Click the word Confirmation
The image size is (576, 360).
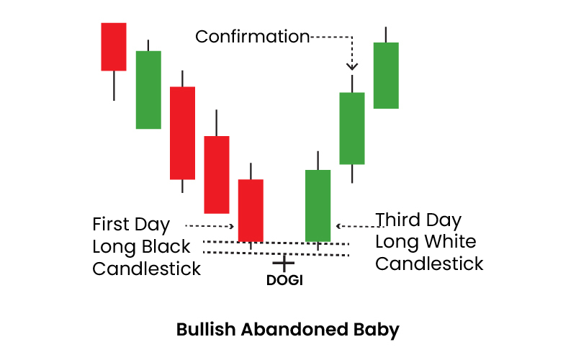pos(253,37)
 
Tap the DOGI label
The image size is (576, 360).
pos(284,280)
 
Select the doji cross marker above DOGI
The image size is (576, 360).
pos(284,263)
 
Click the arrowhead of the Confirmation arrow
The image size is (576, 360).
pos(352,66)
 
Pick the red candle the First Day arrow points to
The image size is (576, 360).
pos(251,210)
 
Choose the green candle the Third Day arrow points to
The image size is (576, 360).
pos(318,206)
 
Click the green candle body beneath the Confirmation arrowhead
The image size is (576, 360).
pos(352,128)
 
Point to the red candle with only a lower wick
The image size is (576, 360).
pos(114,47)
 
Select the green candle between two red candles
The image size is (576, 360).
pos(148,89)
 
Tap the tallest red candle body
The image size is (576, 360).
pos(182,133)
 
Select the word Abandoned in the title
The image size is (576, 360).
pos(294,329)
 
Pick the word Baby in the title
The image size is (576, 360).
pos(376,330)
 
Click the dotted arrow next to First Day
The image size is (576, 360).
pos(210,226)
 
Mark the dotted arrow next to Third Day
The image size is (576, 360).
pos(360,226)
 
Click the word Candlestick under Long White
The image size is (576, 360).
pos(429,264)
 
